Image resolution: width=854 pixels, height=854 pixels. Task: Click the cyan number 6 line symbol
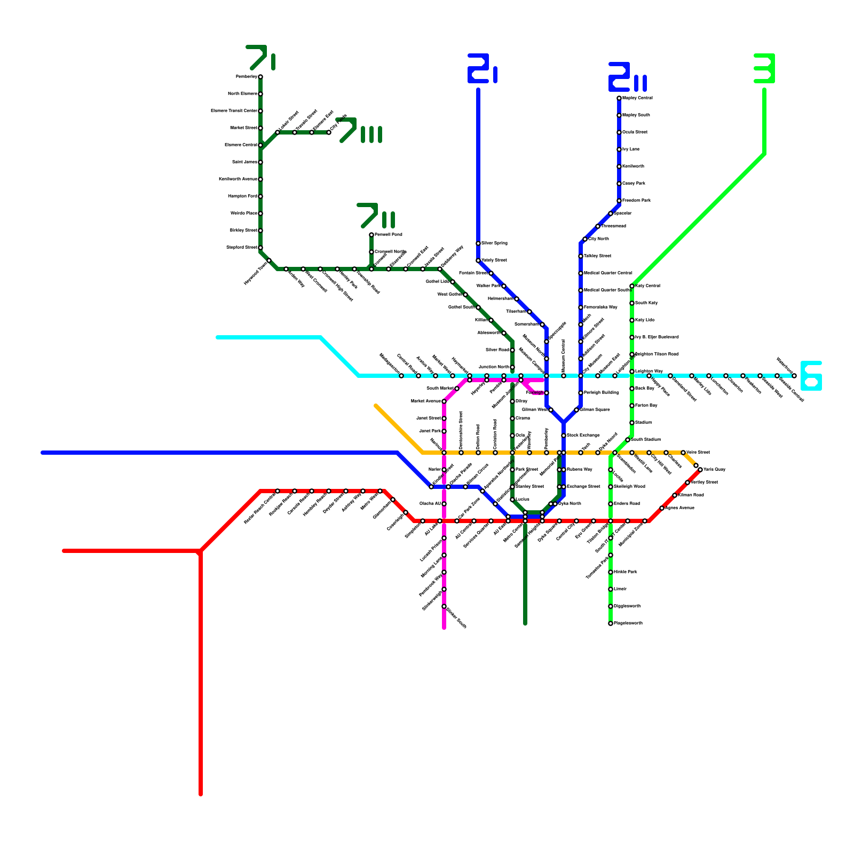pos(811,376)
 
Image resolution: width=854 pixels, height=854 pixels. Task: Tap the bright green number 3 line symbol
pos(764,68)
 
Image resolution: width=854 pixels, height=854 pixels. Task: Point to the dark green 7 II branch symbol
pos(376,216)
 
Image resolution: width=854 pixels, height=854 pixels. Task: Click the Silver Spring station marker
pos(478,243)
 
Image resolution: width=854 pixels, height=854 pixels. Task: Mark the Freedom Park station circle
pos(619,201)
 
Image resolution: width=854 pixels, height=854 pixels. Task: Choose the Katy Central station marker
pos(632,286)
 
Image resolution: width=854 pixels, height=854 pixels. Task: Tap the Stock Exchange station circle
pos(564,436)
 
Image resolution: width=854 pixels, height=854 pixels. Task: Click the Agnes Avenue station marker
pos(662,508)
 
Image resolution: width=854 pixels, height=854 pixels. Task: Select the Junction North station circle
pos(512,367)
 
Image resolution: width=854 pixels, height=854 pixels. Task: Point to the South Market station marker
pos(457,389)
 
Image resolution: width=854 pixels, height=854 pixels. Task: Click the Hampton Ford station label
pos(243,196)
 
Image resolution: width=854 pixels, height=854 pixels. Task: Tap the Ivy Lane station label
pos(631,149)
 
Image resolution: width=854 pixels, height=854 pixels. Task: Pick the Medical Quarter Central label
pos(608,273)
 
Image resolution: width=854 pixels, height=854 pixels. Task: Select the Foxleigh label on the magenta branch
pos(535,393)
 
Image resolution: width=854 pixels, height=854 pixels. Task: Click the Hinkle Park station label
pos(626,572)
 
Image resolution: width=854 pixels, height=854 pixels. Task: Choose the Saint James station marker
pos(260,162)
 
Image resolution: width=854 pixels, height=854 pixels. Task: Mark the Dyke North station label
pos(570,504)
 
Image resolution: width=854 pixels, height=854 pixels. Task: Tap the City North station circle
pos(585,239)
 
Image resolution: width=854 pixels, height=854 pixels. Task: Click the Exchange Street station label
pos(583,487)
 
